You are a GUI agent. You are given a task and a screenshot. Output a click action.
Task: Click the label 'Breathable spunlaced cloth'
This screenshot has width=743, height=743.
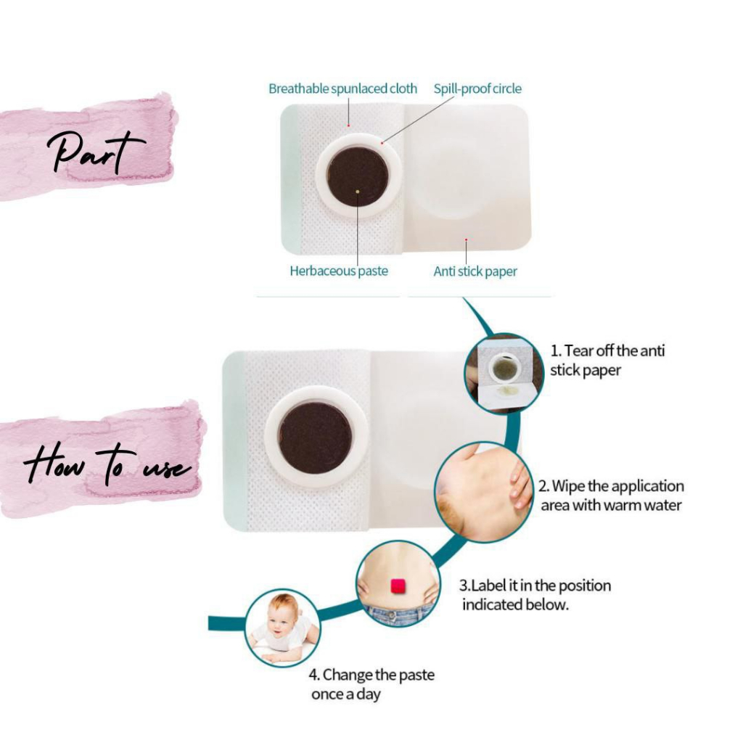342,89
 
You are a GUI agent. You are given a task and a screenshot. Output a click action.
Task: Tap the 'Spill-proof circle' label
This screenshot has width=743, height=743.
477,89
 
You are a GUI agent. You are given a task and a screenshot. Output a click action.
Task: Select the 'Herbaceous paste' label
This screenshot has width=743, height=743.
339,271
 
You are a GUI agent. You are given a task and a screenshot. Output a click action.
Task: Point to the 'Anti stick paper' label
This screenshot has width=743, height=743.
475,272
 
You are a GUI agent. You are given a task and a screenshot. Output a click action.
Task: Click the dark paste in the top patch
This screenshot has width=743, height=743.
358,176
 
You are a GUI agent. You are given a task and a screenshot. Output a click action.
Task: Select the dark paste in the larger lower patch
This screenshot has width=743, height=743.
315,438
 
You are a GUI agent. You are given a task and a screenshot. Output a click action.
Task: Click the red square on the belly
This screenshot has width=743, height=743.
397,585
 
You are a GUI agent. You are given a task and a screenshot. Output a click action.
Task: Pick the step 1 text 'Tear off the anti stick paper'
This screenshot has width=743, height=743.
607,360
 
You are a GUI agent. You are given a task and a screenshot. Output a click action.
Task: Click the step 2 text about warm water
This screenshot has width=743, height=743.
611,495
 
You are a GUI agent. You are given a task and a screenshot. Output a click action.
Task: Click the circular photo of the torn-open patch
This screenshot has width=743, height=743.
504,372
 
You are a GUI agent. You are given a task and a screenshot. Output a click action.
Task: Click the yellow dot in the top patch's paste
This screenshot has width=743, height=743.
358,191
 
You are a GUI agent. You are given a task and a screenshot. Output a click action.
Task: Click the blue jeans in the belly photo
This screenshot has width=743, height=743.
397,615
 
